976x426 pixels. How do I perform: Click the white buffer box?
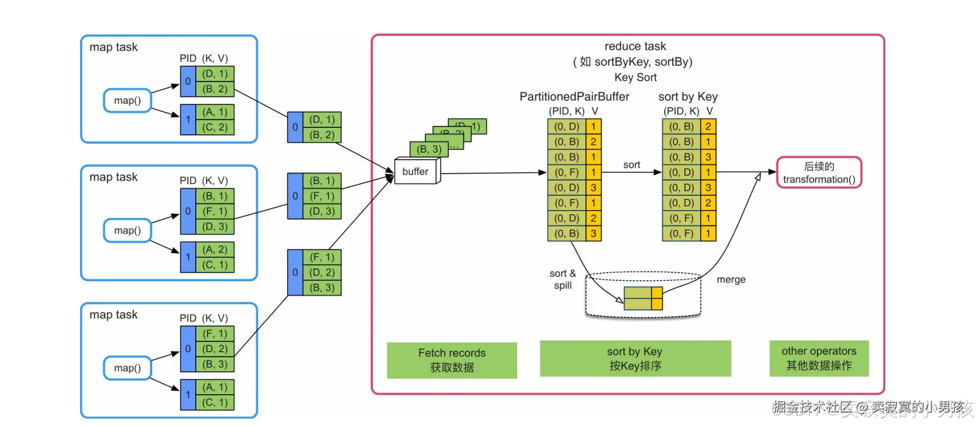click(416, 171)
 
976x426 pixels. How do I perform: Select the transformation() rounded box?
click(819, 172)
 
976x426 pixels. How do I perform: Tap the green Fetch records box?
click(451, 360)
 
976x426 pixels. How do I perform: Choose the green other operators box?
click(818, 358)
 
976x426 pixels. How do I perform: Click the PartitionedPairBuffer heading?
click(574, 97)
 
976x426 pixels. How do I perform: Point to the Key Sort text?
click(635, 77)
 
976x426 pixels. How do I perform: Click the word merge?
click(730, 280)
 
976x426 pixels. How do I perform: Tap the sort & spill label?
click(562, 280)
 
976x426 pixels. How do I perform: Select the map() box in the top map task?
click(127, 101)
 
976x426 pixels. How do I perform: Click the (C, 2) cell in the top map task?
click(215, 127)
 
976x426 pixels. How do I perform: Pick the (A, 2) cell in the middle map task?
click(215, 250)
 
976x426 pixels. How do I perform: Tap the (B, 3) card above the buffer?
click(429, 149)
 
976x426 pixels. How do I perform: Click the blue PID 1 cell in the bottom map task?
click(188, 395)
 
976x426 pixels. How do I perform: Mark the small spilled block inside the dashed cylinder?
click(643, 298)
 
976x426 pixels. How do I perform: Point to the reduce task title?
click(635, 46)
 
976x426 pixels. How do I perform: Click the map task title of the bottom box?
click(114, 315)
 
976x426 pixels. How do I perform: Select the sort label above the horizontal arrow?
click(631, 165)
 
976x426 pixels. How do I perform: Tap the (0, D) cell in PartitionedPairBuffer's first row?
click(567, 126)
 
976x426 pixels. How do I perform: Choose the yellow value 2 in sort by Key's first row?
click(708, 126)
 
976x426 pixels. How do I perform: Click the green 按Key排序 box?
click(635, 359)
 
